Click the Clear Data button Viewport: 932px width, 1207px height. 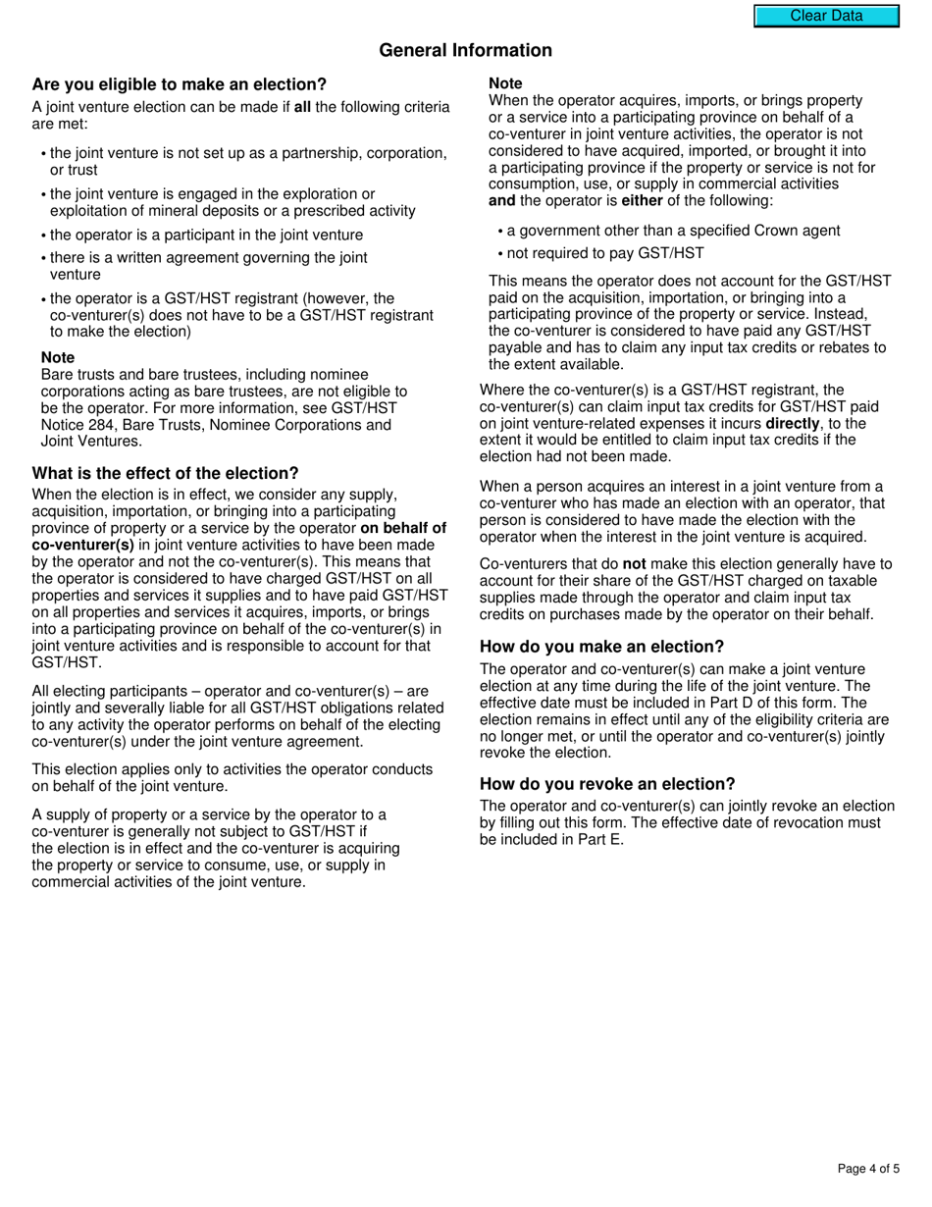(826, 16)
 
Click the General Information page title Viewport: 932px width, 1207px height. (465, 50)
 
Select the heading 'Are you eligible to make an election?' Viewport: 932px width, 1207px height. (180, 84)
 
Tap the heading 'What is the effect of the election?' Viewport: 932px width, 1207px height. (166, 473)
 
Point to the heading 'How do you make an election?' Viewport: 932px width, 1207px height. (601, 647)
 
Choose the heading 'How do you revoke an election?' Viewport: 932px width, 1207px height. (607, 784)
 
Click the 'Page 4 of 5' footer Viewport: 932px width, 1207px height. (868, 1168)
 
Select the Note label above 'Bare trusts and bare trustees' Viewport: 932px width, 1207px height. (58, 357)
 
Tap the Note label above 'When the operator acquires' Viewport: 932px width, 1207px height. (505, 83)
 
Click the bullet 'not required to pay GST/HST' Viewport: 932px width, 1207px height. (605, 253)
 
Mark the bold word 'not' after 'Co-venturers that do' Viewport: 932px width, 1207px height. (634, 564)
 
